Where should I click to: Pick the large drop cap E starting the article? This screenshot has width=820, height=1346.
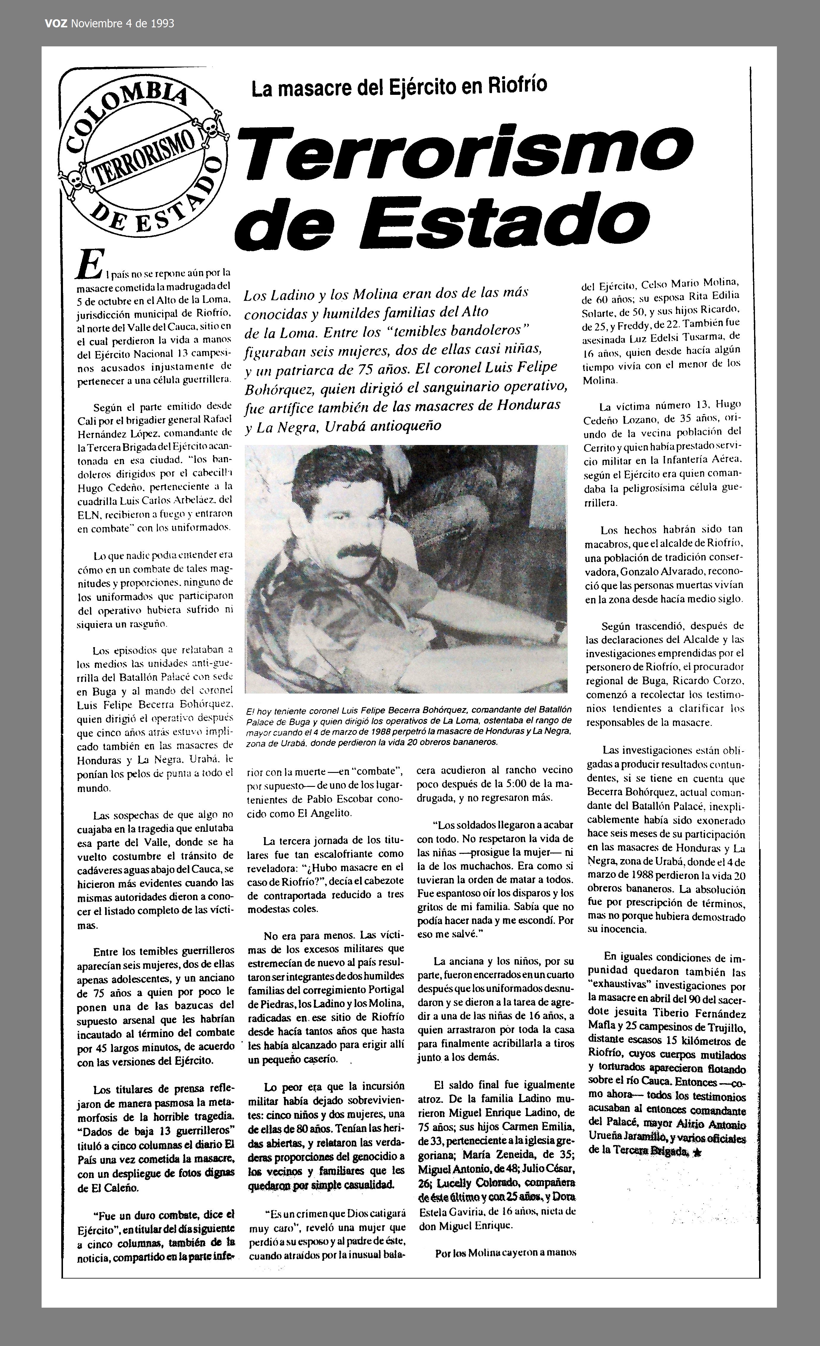[x=89, y=264]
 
